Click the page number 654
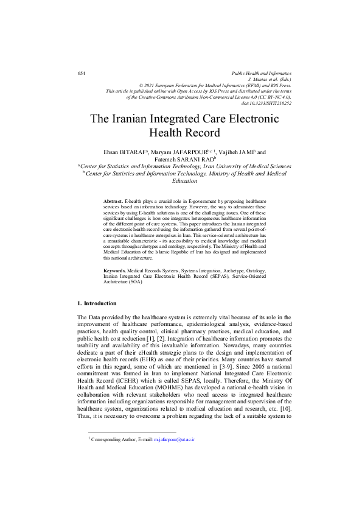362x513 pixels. (x=82, y=74)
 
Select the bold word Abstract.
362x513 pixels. (x=113, y=200)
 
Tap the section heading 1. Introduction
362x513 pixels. (x=97, y=303)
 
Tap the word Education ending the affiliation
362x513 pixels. (x=185, y=180)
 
